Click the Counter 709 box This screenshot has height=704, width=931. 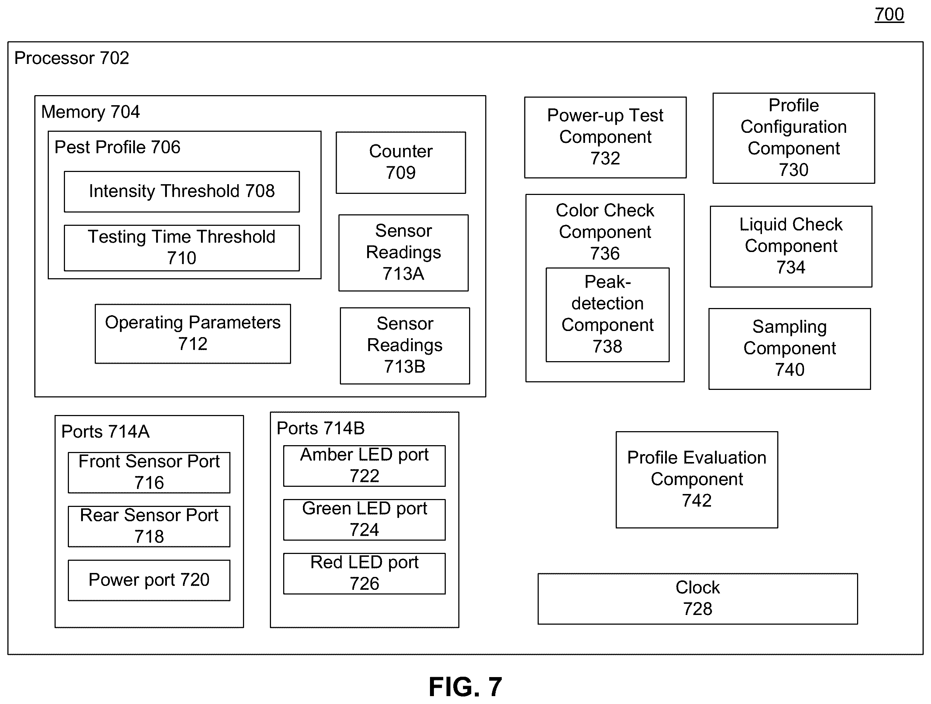[x=401, y=163]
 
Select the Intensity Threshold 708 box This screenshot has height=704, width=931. [x=182, y=192]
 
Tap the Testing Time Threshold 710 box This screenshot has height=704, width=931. [x=182, y=248]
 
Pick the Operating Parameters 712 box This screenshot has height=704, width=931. [x=193, y=334]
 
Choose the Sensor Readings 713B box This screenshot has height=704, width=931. [x=405, y=346]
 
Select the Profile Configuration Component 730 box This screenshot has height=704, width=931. [x=794, y=138]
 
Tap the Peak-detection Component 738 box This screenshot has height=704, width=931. [x=608, y=315]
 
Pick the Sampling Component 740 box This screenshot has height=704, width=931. [x=790, y=349]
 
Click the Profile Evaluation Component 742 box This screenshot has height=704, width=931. [x=697, y=480]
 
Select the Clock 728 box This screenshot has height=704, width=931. [x=698, y=599]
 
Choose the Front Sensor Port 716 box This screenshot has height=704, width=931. [x=149, y=472]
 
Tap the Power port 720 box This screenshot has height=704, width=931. [x=149, y=580]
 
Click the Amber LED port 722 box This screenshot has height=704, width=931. [x=365, y=466]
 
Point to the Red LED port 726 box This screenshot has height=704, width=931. [x=365, y=573]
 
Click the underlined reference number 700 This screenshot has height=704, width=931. [x=889, y=15]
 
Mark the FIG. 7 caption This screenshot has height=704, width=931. [x=465, y=687]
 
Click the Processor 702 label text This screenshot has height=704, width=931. [x=71, y=58]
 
